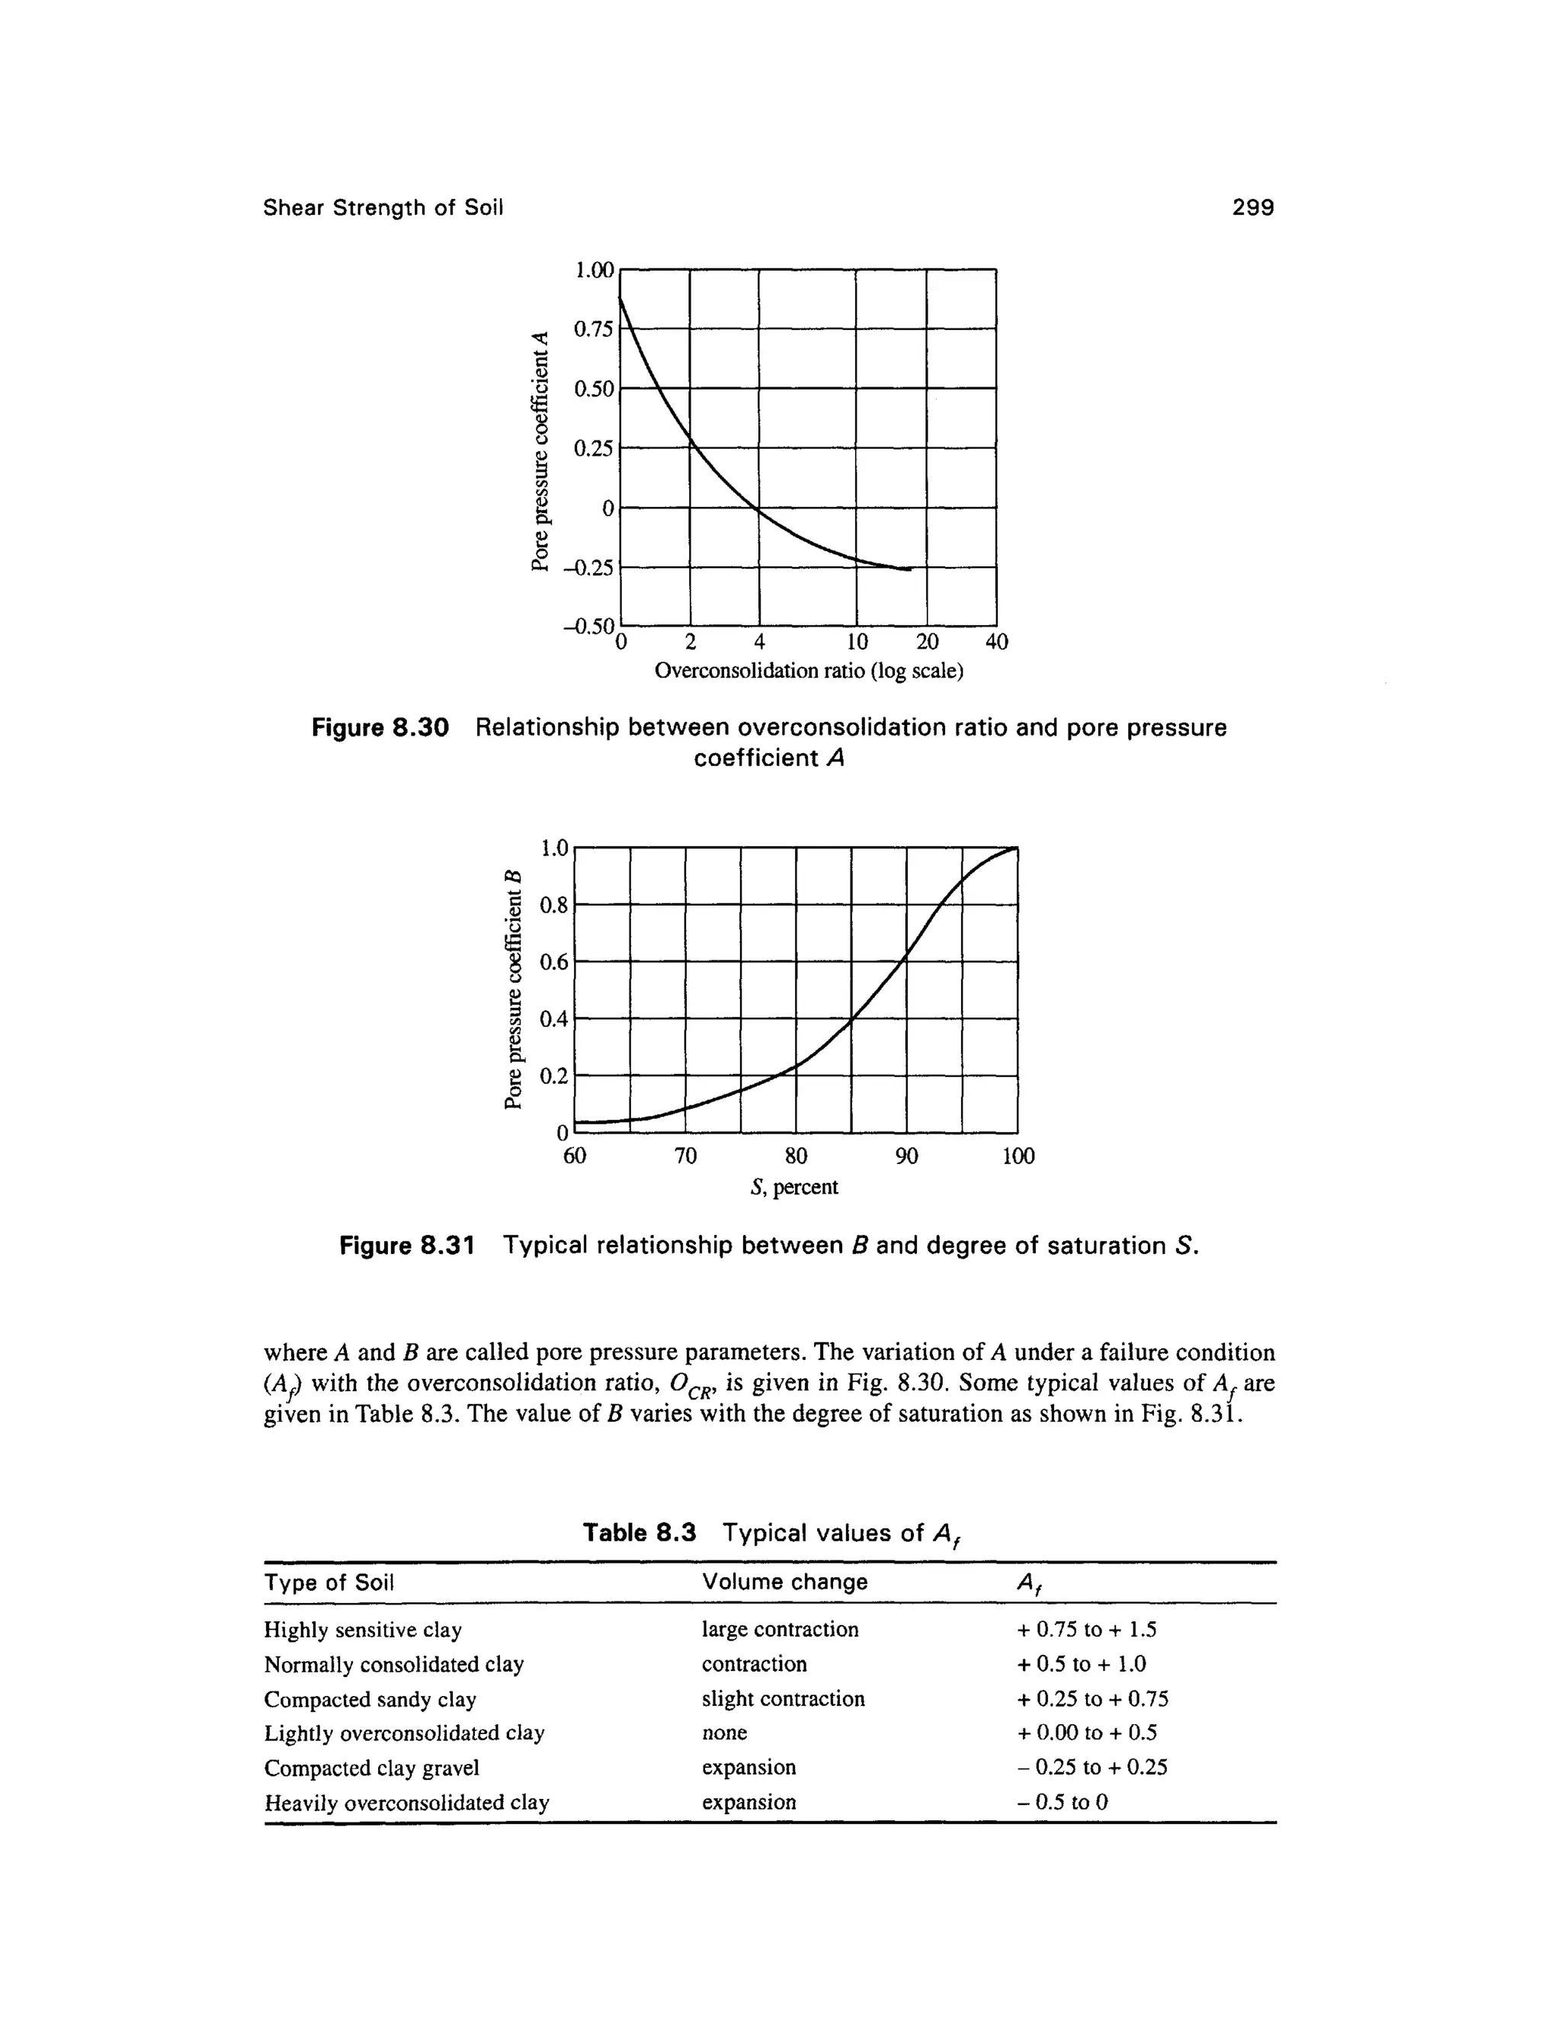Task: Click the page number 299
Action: coord(1252,208)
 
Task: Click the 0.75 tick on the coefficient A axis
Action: coord(593,329)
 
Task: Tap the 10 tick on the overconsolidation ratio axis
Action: coord(856,642)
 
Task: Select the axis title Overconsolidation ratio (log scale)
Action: coord(808,671)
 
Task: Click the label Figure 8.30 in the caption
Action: coord(380,728)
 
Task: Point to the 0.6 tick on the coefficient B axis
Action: coord(553,963)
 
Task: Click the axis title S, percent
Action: coord(794,1188)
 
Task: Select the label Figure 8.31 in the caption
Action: coord(406,1246)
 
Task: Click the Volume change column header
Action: coord(784,1582)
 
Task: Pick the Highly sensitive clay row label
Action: coord(363,1630)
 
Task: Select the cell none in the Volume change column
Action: coord(724,1733)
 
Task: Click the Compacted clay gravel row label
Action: coord(372,1768)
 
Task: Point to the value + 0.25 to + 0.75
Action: coord(1092,1699)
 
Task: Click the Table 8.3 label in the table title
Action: coord(638,1534)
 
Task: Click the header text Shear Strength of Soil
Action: coord(383,208)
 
